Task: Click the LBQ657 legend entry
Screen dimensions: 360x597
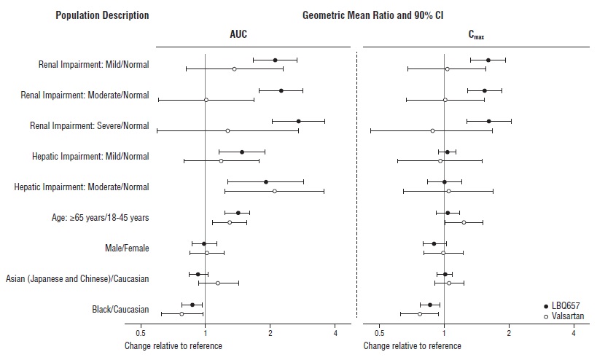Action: (x=568, y=305)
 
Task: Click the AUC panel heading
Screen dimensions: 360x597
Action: (x=238, y=34)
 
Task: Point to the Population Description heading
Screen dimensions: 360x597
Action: (x=102, y=15)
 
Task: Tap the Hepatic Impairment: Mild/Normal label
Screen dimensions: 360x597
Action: (x=90, y=156)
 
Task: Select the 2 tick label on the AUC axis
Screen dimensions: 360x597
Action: (x=270, y=334)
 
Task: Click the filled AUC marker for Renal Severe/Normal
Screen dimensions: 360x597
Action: (x=298, y=121)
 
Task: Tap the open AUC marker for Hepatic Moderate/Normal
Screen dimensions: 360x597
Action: (x=274, y=191)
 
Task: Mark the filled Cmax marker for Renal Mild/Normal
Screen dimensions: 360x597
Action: (x=488, y=60)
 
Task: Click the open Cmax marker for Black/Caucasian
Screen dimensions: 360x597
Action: (x=420, y=314)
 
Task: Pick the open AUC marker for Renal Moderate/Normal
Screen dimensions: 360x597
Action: (x=206, y=100)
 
